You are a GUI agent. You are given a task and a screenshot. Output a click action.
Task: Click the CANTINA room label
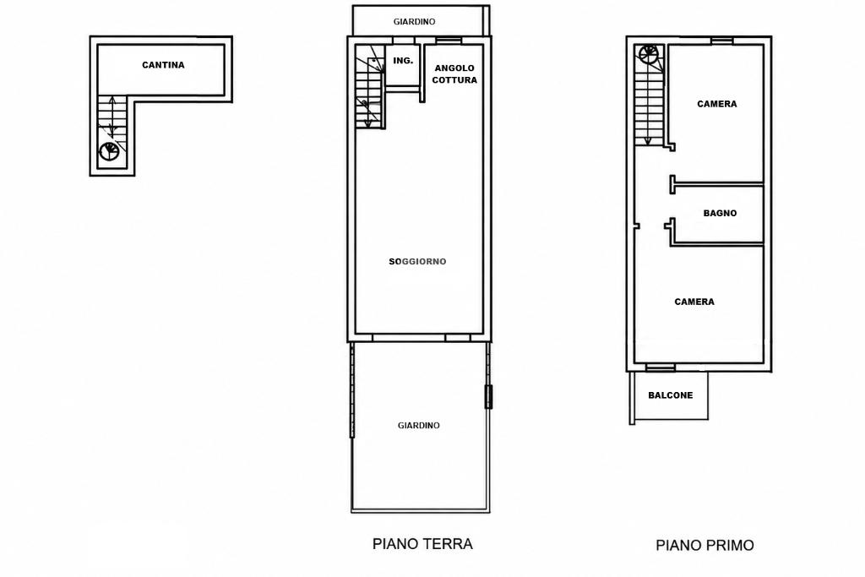tap(163, 65)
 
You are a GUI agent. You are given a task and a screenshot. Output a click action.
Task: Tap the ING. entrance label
tap(403, 61)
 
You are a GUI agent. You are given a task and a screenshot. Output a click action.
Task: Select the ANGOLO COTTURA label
tap(454, 73)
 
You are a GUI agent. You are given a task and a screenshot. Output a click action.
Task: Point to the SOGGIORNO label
tap(417, 262)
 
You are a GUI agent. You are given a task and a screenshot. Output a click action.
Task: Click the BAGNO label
tap(720, 213)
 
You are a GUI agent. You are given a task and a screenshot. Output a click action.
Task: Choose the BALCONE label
tap(670, 395)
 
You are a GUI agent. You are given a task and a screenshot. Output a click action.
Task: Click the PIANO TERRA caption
tap(422, 544)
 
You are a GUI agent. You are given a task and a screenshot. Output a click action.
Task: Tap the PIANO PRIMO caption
tap(705, 545)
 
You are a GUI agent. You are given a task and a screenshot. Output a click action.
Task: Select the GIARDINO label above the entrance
tap(414, 21)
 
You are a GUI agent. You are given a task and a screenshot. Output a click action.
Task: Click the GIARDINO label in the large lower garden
tap(419, 425)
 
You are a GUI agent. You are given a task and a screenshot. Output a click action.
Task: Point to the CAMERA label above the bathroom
tap(716, 104)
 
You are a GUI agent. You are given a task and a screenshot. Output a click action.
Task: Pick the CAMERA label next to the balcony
tap(694, 302)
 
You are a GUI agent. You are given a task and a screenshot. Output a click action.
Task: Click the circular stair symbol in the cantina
tap(109, 152)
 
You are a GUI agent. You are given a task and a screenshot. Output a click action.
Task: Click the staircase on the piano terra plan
tap(370, 87)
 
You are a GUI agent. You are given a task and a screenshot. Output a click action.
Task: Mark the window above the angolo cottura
tap(449, 41)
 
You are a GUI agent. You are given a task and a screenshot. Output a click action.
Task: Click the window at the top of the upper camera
tap(721, 41)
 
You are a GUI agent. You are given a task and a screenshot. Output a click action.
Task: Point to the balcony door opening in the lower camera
tap(661, 367)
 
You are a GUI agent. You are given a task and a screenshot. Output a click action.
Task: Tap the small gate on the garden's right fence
tap(488, 396)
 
